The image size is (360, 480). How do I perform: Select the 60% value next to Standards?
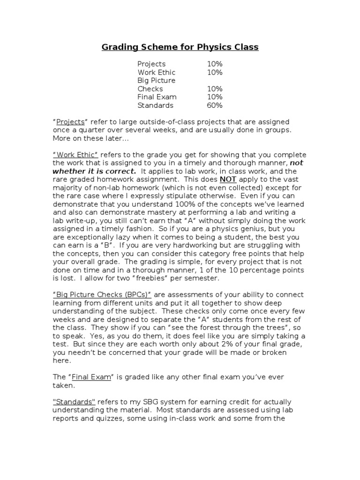click(x=215, y=105)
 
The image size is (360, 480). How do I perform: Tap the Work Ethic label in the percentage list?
click(x=157, y=72)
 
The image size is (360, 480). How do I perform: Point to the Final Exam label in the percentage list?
click(x=157, y=97)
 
